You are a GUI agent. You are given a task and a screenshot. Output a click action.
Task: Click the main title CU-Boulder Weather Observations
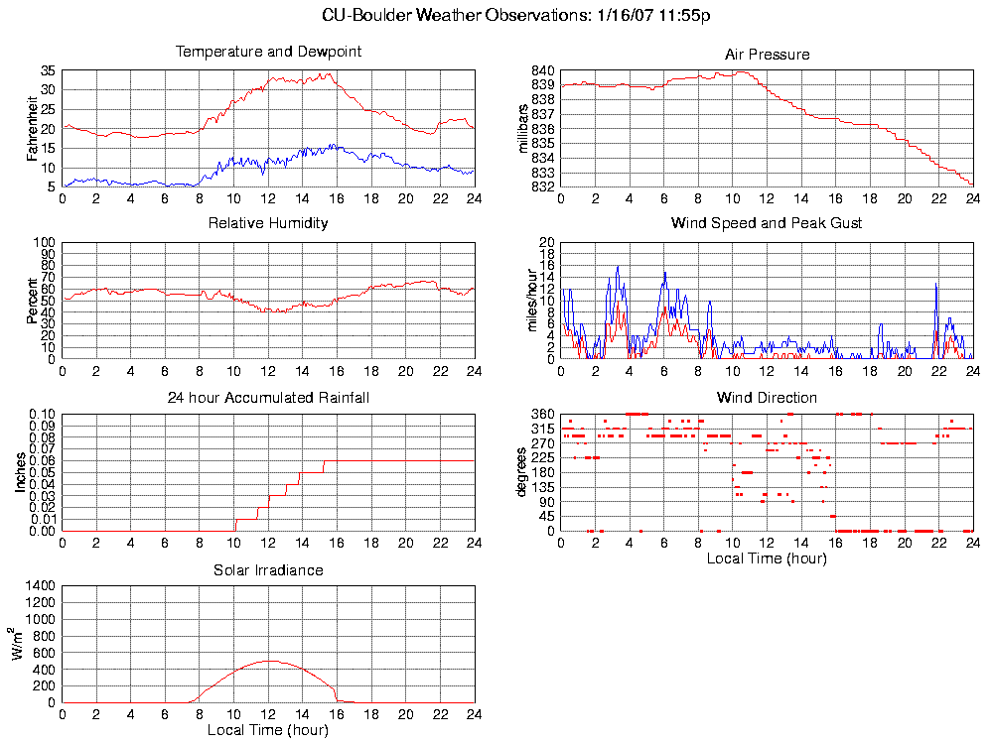pos(516,15)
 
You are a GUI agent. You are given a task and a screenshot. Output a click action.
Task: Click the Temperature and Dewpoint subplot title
pos(268,52)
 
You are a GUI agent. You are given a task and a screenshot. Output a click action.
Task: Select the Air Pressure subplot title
pos(768,55)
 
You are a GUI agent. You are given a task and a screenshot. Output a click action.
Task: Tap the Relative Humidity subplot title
pos(268,223)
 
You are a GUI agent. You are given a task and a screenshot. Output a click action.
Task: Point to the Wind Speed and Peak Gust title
pos(767,223)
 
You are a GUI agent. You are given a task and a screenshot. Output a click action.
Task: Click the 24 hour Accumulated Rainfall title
pos(268,398)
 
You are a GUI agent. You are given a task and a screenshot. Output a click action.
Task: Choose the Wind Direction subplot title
pos(767,398)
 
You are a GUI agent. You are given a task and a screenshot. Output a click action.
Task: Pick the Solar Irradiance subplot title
pos(268,570)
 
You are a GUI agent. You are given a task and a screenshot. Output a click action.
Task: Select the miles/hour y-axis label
pos(529,301)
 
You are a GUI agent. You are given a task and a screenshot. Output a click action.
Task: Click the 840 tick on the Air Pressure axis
pos(542,70)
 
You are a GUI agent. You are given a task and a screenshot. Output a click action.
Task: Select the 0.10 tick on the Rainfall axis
pos(43,414)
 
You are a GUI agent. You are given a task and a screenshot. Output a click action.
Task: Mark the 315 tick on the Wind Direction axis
pos(542,429)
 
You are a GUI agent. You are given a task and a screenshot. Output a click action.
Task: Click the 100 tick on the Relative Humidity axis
pos(45,242)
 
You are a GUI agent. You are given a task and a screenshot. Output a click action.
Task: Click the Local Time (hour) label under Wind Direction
pos(767,558)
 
